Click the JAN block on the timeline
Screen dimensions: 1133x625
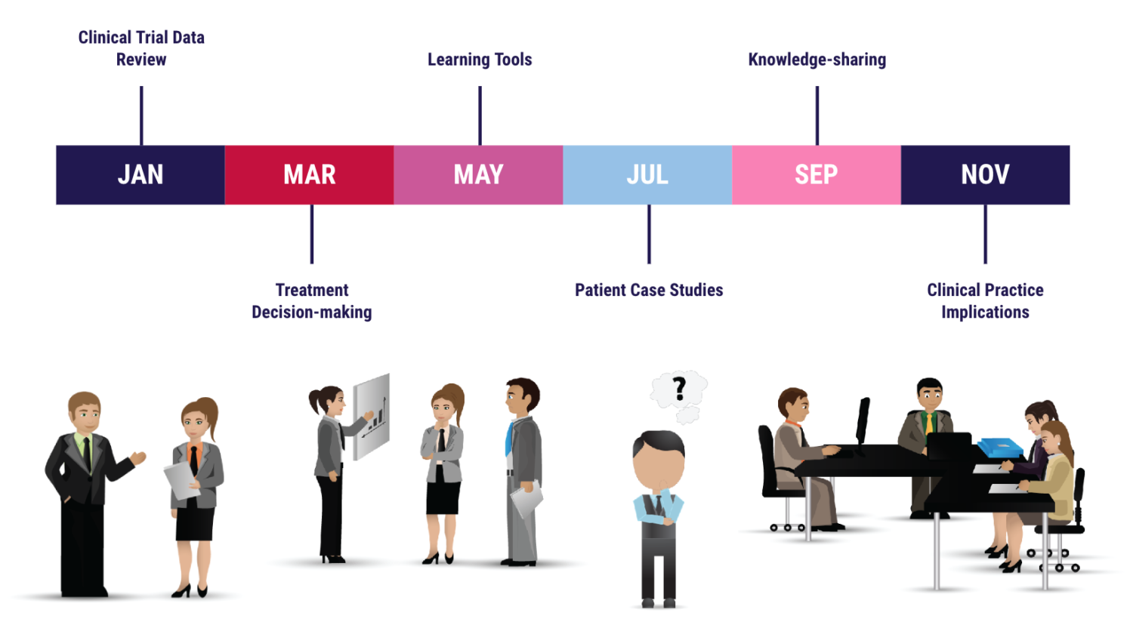click(x=140, y=175)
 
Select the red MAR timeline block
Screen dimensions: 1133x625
click(x=310, y=175)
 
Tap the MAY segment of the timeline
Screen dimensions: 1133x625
click(x=478, y=175)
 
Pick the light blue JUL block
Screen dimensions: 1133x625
click(x=647, y=175)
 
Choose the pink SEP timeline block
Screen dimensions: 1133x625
click(x=817, y=175)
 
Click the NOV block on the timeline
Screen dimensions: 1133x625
click(x=985, y=175)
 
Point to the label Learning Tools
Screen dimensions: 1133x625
click(x=480, y=60)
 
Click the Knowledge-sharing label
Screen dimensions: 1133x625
click(x=817, y=60)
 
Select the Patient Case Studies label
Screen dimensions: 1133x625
click(x=649, y=291)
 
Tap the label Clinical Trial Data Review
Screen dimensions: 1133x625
click(x=141, y=48)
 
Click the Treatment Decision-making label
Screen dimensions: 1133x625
click(x=312, y=301)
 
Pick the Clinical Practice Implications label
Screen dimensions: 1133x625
click(x=985, y=301)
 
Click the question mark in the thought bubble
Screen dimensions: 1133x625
click(x=680, y=389)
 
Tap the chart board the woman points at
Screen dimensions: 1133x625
click(x=372, y=417)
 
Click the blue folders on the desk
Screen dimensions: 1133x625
click(x=999, y=448)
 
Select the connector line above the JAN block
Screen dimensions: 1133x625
click(x=142, y=115)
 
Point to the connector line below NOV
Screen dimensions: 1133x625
click(x=985, y=234)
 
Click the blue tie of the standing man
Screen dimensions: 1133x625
click(x=508, y=439)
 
